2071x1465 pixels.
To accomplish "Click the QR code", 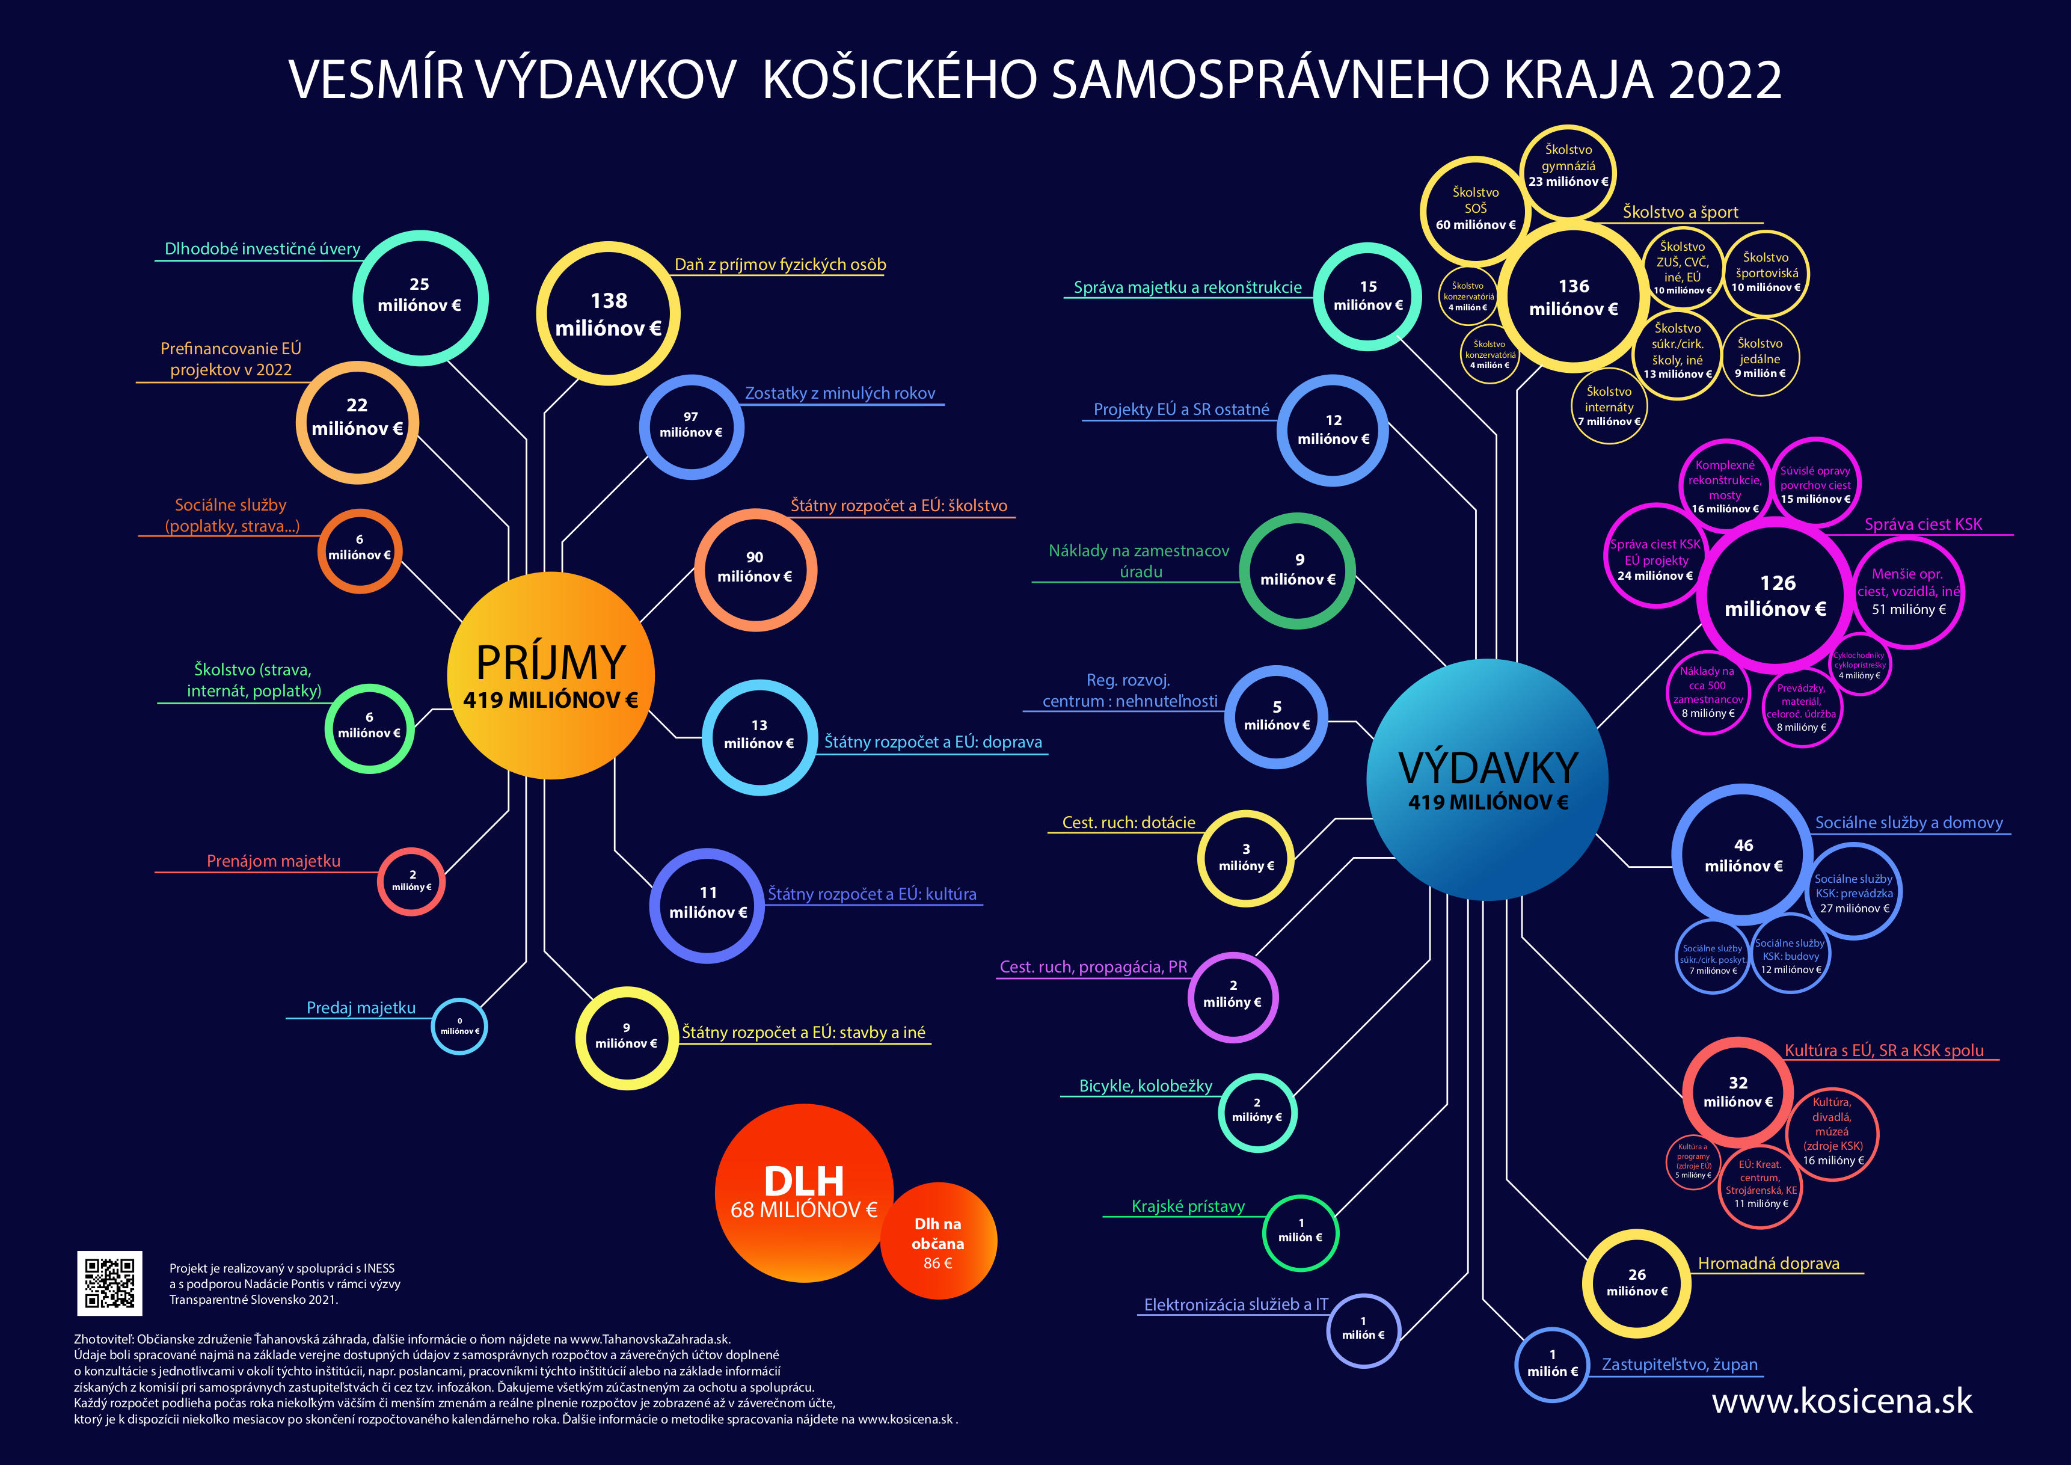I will point(109,1282).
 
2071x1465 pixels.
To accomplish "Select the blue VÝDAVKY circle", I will point(1488,778).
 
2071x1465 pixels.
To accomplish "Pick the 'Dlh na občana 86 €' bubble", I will point(938,1242).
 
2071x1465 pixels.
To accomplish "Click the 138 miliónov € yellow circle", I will point(608,314).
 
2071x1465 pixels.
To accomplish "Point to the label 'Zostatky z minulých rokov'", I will point(839,393).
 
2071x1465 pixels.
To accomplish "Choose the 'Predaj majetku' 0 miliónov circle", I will point(460,1027).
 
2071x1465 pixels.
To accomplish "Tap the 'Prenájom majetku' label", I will point(273,861).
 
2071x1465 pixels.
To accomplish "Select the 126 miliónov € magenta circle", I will point(1775,595).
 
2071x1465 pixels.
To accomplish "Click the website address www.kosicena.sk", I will point(1842,1401).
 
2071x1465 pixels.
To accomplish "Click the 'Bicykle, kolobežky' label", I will point(1146,1086).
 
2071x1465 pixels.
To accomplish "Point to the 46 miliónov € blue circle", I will point(1743,854).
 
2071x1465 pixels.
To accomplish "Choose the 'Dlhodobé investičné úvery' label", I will point(262,249).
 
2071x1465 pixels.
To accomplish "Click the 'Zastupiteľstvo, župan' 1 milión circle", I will point(1551,1364).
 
